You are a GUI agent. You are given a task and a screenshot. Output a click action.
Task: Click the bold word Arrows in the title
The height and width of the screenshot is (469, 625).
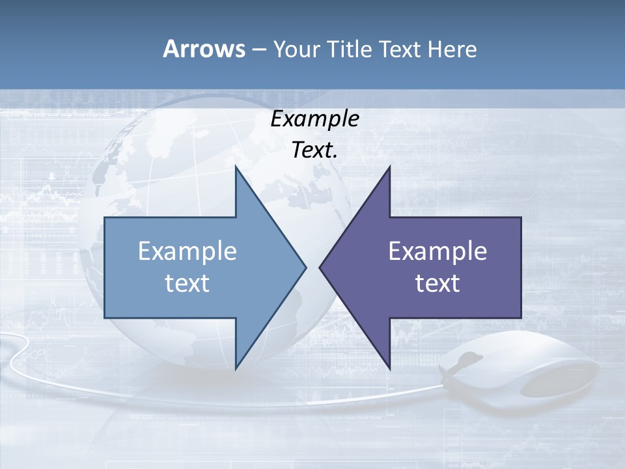coord(203,49)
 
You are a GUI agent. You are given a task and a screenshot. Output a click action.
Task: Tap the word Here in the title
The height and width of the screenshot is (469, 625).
coord(452,49)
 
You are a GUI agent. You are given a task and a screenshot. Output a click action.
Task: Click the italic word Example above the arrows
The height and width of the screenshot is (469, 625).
coord(314,119)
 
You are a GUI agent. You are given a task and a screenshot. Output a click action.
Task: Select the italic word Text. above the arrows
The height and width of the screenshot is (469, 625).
coord(314,150)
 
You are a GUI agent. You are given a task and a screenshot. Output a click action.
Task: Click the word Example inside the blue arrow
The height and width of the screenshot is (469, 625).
coord(187,251)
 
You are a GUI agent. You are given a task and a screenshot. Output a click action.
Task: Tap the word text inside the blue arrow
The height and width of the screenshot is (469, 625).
coord(187,283)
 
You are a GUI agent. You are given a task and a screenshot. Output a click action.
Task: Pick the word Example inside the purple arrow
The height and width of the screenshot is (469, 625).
coord(437,251)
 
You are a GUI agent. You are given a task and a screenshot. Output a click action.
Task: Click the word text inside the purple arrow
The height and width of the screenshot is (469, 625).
coord(437,283)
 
